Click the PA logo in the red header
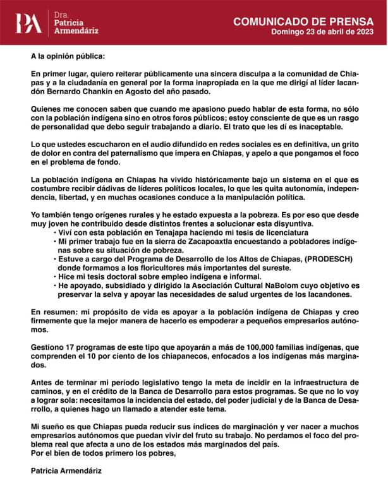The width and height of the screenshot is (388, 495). [x=29, y=23]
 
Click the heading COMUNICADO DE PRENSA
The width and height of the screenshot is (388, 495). [x=300, y=21]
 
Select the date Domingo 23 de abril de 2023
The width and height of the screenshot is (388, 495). [x=321, y=32]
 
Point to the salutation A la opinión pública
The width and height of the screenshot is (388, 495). [x=69, y=56]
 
